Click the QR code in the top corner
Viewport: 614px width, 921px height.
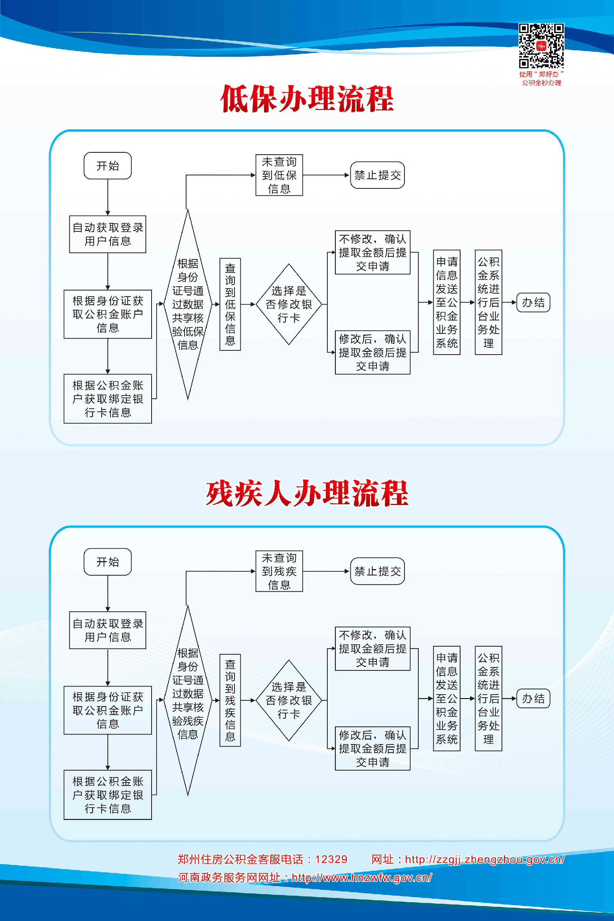coord(541,45)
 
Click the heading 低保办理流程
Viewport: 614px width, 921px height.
coord(307,99)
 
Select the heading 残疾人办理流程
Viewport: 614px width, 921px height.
coord(307,494)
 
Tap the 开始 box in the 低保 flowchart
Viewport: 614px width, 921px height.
coord(108,166)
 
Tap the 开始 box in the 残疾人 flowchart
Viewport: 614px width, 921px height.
coord(108,561)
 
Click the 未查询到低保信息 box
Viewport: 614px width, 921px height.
coord(279,175)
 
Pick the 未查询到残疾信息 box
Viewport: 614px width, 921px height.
coord(279,571)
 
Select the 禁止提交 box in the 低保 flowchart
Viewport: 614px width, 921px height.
coord(377,175)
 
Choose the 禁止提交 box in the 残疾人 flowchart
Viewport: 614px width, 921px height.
coord(377,571)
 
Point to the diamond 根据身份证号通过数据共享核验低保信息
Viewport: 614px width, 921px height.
coord(188,304)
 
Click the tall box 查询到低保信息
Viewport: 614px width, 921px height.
coord(230,304)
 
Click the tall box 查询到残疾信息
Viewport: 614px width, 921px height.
coord(230,700)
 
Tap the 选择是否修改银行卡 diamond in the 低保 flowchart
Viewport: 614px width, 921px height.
coord(289,304)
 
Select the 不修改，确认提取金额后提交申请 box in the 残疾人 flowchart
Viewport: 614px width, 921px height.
coord(372,649)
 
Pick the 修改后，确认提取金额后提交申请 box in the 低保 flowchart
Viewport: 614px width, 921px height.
coord(372,352)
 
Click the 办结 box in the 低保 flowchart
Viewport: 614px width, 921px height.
coord(533,302)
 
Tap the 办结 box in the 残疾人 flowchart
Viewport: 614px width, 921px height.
coord(533,698)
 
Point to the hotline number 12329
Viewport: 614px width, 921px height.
coord(331,859)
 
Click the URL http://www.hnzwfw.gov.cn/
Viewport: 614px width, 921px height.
coord(362,877)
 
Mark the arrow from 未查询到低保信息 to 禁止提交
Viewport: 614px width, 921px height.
coord(326,175)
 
